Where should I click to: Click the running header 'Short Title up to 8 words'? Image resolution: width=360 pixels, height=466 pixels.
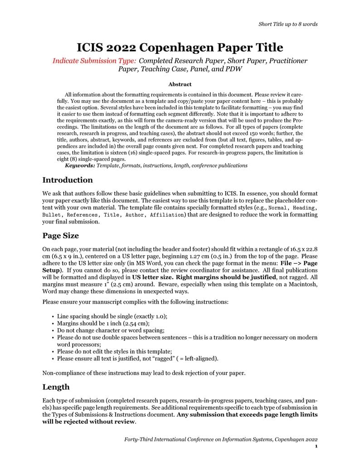tap(287, 24)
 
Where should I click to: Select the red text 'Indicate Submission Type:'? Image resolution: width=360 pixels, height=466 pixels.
tap(94, 61)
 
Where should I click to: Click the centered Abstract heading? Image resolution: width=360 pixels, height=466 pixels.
tap(180, 84)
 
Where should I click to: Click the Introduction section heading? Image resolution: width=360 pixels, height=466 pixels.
tap(68, 180)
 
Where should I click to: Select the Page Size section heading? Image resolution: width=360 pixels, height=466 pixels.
tap(60, 236)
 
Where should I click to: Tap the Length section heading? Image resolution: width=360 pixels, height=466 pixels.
tap(56, 387)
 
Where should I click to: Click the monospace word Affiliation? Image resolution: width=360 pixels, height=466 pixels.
tap(166, 215)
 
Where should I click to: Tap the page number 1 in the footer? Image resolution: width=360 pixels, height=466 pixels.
tap(316, 447)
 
